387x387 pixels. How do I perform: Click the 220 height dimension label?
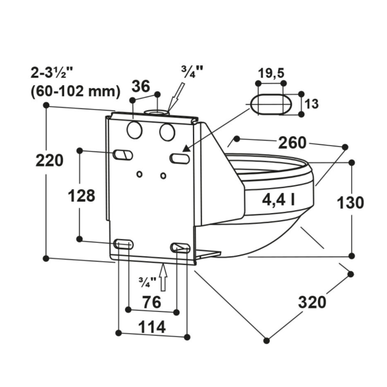(49, 161)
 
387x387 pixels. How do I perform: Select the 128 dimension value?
(81, 196)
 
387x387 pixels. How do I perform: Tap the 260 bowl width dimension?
(291, 143)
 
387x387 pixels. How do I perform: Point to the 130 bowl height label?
(351, 202)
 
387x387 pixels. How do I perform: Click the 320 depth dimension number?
(312, 303)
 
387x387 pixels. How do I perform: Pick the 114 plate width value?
(152, 327)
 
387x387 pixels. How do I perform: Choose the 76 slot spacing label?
(152, 302)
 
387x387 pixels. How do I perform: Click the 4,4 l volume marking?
(278, 199)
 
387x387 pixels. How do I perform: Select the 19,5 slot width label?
(271, 73)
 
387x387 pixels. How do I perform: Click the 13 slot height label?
(311, 104)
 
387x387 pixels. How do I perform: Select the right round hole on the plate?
(166, 131)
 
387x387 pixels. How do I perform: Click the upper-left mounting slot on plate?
(122, 154)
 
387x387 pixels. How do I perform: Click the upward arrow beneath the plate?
(163, 277)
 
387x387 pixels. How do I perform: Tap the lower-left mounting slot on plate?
(123, 245)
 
